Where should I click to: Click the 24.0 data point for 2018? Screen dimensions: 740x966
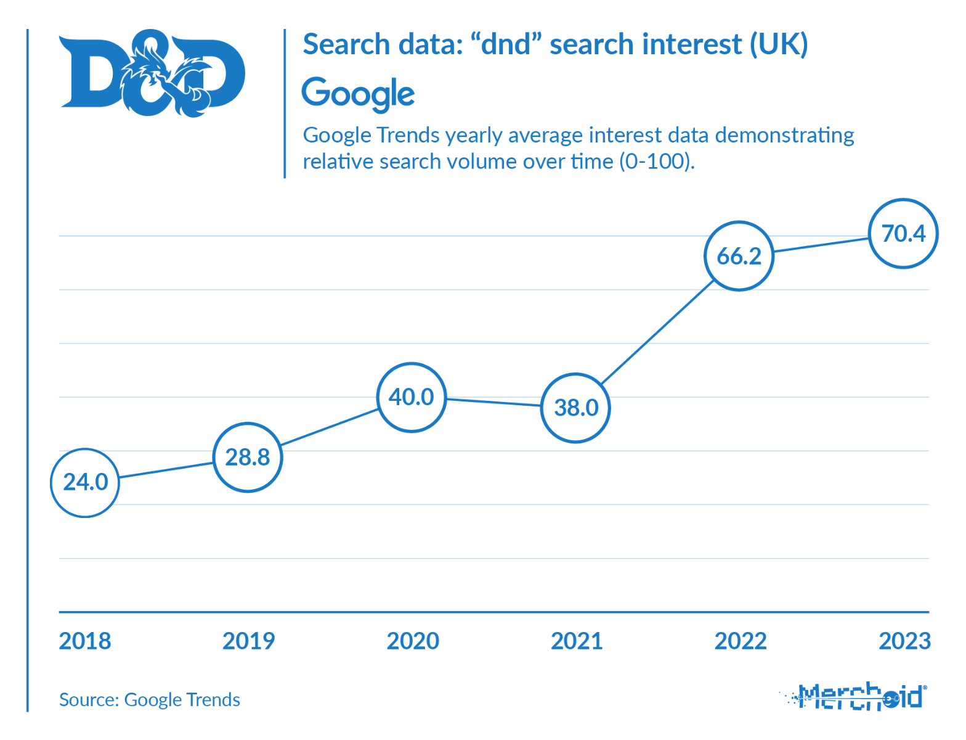pyautogui.click(x=85, y=482)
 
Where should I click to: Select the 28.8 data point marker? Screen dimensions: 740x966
pyautogui.click(x=248, y=457)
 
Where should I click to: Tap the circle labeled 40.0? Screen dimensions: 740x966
pyautogui.click(x=412, y=397)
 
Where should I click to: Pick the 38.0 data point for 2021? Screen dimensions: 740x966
pyautogui.click(x=575, y=408)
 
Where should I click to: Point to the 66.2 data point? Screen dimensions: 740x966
pyautogui.click(x=739, y=256)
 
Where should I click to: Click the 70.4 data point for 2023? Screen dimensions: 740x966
pyautogui.click(x=903, y=234)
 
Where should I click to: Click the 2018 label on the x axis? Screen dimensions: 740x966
pyautogui.click(x=85, y=641)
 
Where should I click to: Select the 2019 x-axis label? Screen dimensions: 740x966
pyautogui.click(x=248, y=641)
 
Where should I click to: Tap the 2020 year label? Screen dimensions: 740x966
pyautogui.click(x=413, y=641)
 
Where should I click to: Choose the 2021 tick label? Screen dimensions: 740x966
pyautogui.click(x=577, y=641)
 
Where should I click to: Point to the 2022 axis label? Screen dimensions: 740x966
pyautogui.click(x=741, y=641)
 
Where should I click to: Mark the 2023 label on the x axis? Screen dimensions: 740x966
pyautogui.click(x=904, y=641)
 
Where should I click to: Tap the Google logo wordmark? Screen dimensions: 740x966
pyautogui.click(x=358, y=94)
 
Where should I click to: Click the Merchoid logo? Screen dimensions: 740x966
pyautogui.click(x=856, y=697)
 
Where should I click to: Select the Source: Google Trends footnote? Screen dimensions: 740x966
pyautogui.click(x=150, y=700)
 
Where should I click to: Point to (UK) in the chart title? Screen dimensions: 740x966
pyautogui.click(x=778, y=45)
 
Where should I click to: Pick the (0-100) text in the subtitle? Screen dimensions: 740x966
pyautogui.click(x=657, y=162)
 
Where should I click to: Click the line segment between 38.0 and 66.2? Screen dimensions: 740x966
pyautogui.click(x=657, y=332)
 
